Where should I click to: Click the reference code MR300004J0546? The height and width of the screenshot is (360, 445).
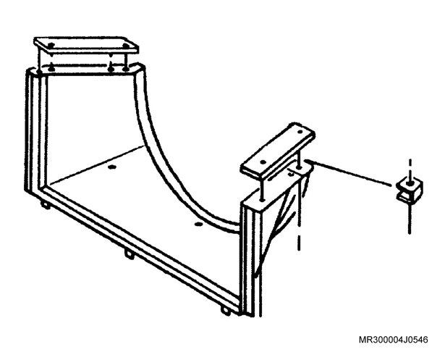click(x=394, y=340)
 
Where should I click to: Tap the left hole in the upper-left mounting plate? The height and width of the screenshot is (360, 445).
click(x=51, y=45)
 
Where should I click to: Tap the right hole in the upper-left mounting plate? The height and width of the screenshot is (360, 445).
click(x=125, y=45)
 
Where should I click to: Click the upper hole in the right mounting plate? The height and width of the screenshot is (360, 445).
click(x=300, y=132)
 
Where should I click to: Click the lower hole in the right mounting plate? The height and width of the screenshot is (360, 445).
click(x=263, y=162)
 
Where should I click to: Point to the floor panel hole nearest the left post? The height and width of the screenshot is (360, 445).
click(x=112, y=167)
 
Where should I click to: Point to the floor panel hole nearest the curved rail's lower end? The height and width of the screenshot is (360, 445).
click(x=198, y=225)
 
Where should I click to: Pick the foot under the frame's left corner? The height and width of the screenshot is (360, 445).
click(x=46, y=205)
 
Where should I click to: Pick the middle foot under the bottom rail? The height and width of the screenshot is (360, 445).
click(x=130, y=254)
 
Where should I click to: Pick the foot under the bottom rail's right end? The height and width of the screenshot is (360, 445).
click(x=226, y=311)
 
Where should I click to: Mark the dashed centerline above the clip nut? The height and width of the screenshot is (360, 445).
click(x=410, y=169)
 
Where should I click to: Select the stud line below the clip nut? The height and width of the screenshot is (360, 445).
click(x=410, y=218)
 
